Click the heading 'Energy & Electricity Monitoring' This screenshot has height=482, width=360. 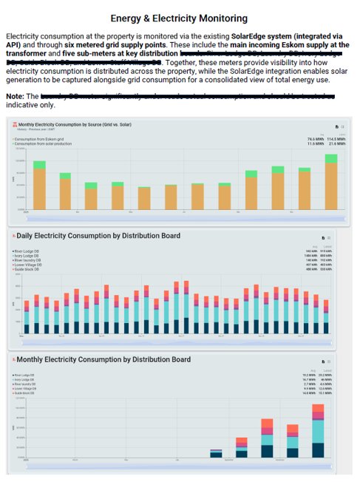tap(180, 17)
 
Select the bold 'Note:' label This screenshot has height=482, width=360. tap(15, 96)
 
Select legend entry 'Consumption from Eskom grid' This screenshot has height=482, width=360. tap(41, 138)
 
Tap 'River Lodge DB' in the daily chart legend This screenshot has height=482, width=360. tap(28, 251)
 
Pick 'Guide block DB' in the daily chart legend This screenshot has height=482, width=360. tap(28, 270)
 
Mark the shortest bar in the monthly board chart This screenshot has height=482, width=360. tap(216, 454)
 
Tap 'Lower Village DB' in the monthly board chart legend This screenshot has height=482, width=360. tap(30, 390)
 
